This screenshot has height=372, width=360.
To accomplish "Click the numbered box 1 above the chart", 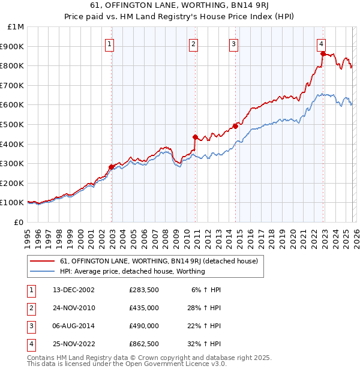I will (x=111, y=43).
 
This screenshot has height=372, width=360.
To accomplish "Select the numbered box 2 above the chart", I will (x=194, y=43).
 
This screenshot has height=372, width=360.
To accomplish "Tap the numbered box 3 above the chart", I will (x=233, y=43).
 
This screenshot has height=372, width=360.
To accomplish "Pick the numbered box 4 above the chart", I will (x=322, y=43).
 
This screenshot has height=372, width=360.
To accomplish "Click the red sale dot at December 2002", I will (x=112, y=167).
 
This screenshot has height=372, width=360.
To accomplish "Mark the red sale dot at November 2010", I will (x=195, y=137).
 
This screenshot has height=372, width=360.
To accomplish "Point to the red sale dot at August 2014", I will (x=235, y=126).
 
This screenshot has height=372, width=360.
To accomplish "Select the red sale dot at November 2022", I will (x=323, y=53).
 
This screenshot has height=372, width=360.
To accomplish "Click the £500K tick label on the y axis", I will (x=12, y=124).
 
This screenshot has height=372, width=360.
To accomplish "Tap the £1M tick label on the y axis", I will (x=16, y=26).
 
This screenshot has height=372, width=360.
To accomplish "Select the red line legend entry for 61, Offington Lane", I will (x=158, y=261).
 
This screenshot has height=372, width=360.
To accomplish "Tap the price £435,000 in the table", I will (x=143, y=308).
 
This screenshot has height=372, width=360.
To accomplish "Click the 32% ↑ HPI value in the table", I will (x=204, y=344).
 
